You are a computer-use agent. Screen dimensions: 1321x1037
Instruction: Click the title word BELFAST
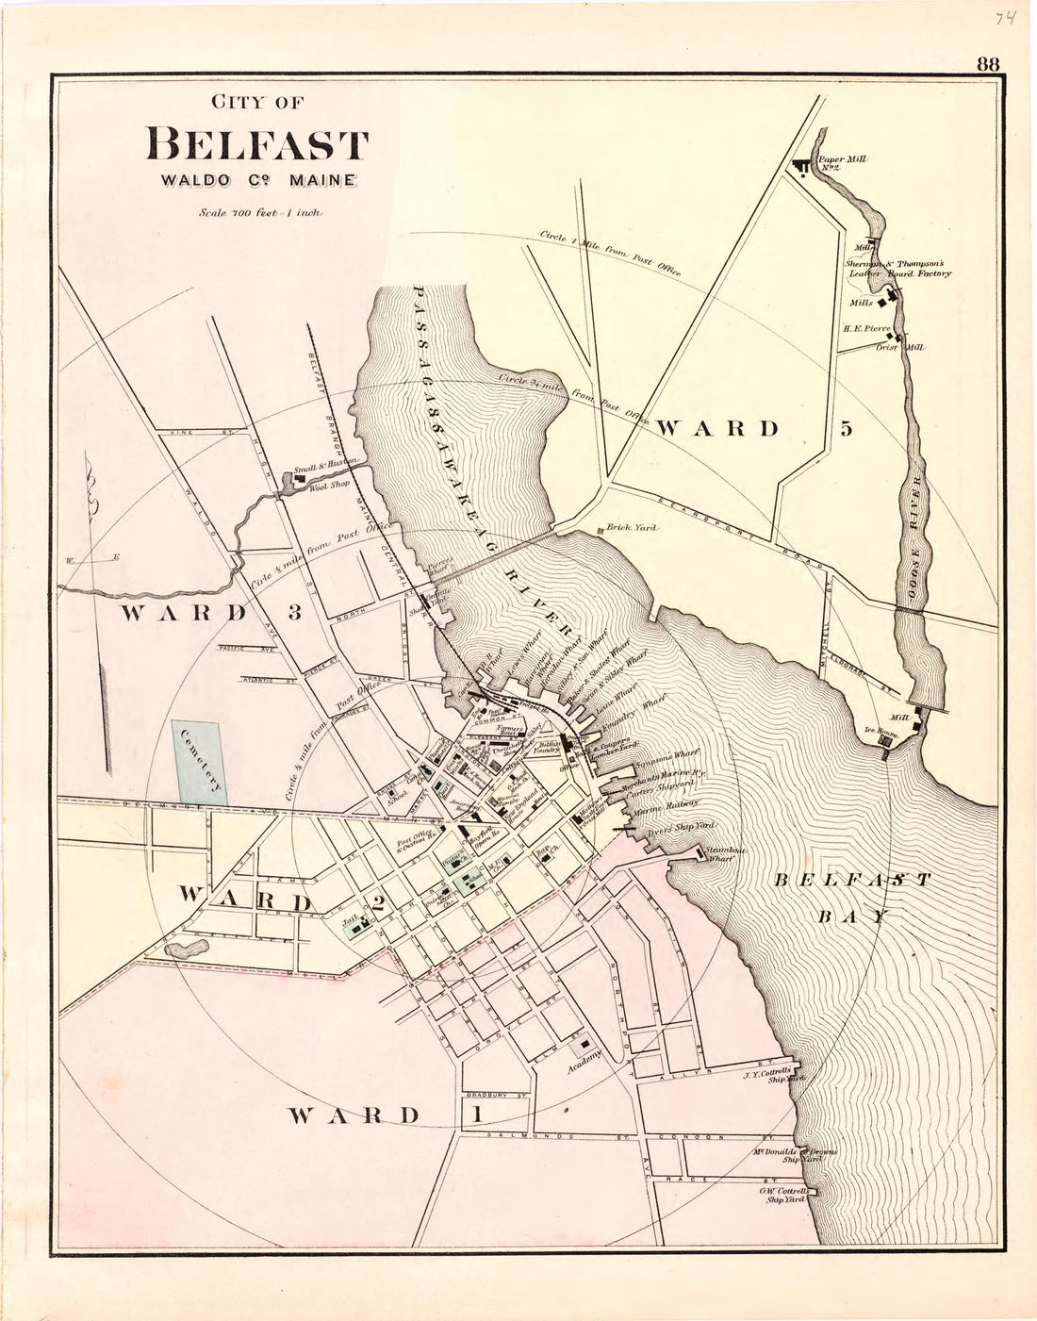pyautogui.click(x=256, y=145)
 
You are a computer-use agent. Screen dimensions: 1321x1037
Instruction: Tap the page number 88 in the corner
pyautogui.click(x=988, y=64)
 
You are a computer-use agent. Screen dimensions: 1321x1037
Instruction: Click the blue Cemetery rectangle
pyautogui.click(x=199, y=763)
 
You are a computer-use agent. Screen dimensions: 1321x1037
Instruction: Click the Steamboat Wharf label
pyautogui.click(x=726, y=855)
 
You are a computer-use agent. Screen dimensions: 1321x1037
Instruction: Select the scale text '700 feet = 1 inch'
pyautogui.click(x=261, y=213)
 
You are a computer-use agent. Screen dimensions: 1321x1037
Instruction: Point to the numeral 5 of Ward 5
pyautogui.click(x=846, y=428)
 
